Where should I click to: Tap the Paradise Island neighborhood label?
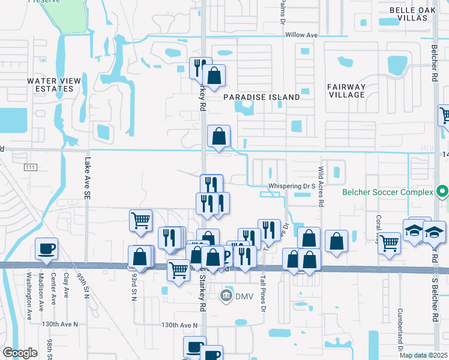(261, 97)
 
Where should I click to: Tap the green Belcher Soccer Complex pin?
(442, 192)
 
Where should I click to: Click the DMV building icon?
(226, 295)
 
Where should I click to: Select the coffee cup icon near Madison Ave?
(46, 248)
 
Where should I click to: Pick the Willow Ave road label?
(301, 35)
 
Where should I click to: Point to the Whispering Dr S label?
(292, 187)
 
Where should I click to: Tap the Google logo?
(20, 353)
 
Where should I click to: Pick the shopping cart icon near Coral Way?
(390, 243)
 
